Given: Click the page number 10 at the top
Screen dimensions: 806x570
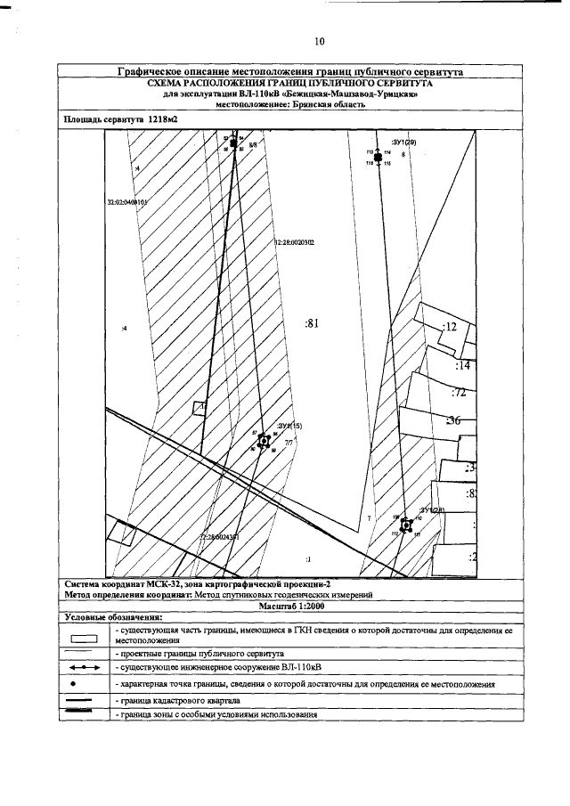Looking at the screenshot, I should (320, 41).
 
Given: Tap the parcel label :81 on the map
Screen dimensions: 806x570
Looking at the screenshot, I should (312, 324).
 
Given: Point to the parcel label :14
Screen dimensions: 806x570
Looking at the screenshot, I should (462, 365).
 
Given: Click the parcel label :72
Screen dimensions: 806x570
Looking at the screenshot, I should (460, 392).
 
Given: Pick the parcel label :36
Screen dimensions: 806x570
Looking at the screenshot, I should (453, 420).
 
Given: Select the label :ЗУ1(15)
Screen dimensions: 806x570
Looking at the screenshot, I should (290, 427).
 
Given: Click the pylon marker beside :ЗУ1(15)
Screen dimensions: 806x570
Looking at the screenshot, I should (264, 440).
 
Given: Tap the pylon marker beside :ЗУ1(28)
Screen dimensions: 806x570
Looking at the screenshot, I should (406, 525).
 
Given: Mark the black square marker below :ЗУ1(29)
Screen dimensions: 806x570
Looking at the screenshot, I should (379, 158).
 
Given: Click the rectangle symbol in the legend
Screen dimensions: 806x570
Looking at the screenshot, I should (83, 638).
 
